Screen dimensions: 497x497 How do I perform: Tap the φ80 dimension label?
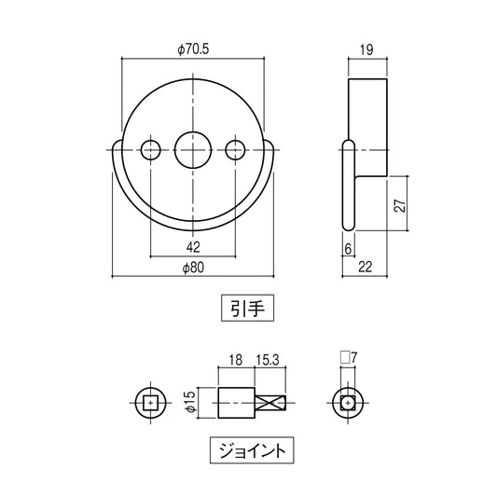pyautogui.click(x=191, y=267)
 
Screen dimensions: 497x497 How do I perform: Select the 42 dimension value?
pyautogui.click(x=192, y=247)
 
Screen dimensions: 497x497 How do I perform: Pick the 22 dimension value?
pyautogui.click(x=365, y=267)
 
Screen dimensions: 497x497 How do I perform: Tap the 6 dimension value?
pyautogui.click(x=347, y=249)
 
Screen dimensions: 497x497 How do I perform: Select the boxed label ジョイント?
pyautogui.click(x=247, y=450)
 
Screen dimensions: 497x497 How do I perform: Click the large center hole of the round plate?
pyautogui.click(x=192, y=147)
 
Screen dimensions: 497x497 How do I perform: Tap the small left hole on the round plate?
pyautogui.click(x=149, y=147)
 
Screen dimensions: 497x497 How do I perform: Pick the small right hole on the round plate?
pyautogui.click(x=235, y=147)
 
